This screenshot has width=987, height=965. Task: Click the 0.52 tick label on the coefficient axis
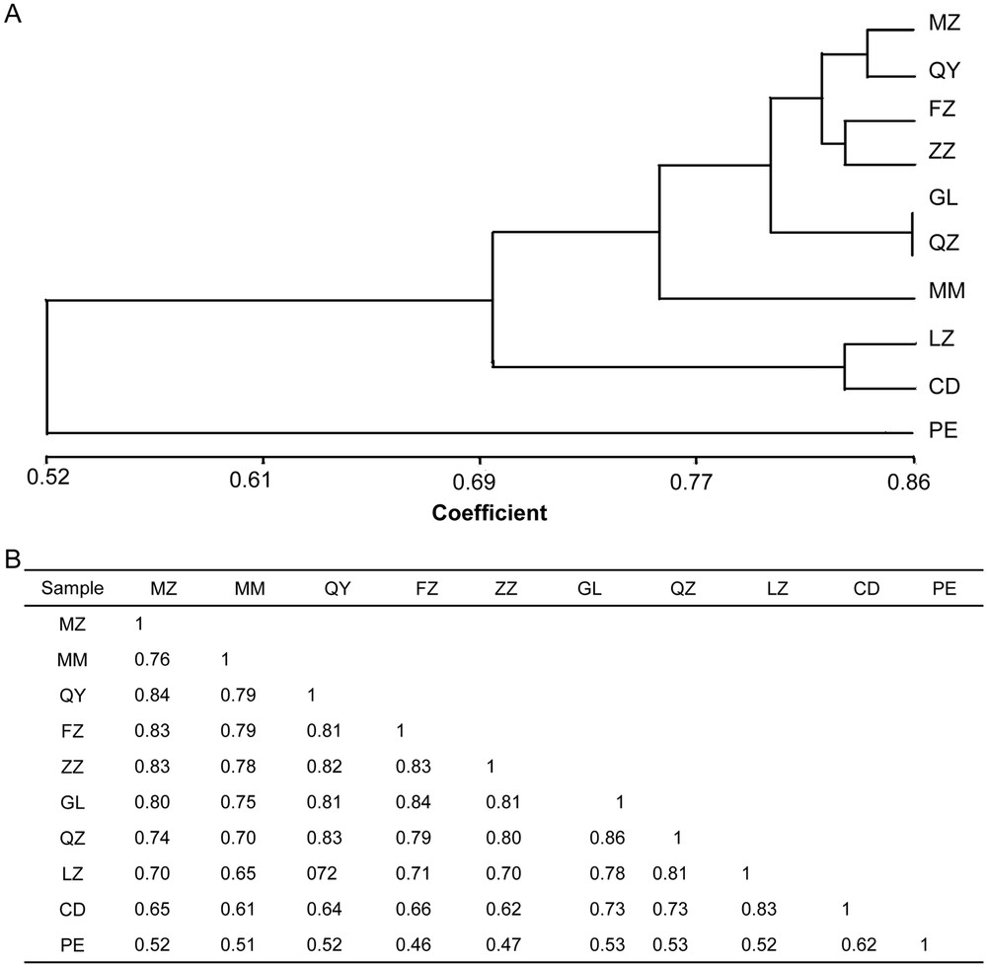(46, 482)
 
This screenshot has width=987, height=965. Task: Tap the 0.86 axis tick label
(913, 482)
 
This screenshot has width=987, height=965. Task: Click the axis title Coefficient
(490, 513)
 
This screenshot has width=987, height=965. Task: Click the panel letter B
(13, 558)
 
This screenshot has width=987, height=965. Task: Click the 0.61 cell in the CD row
(235, 909)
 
